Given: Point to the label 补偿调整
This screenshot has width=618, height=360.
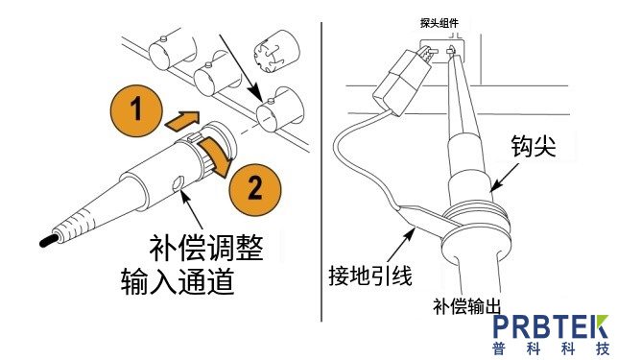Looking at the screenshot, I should point(206,249).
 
